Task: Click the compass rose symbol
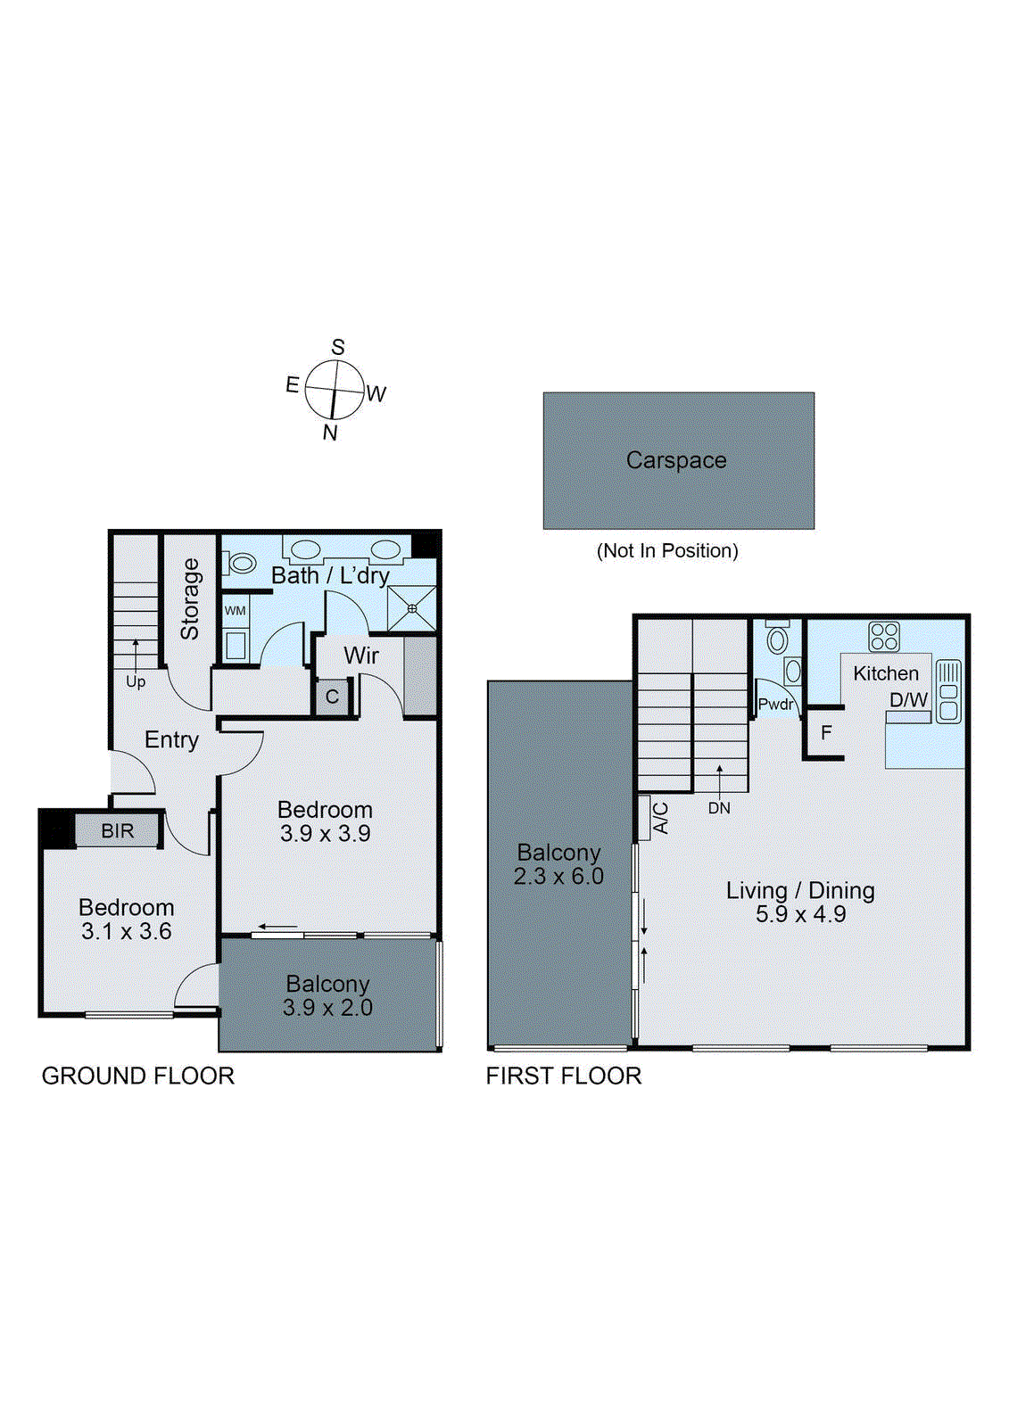click(335, 390)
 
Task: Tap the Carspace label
click(676, 460)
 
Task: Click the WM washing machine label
click(235, 611)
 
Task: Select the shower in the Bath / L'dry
click(412, 608)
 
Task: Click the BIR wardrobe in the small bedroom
click(117, 831)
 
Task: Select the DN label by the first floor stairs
click(719, 808)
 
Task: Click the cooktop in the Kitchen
click(884, 637)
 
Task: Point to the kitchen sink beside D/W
click(948, 690)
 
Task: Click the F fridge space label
click(826, 733)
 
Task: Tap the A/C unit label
click(661, 818)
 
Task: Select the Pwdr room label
click(775, 705)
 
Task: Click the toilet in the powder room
click(778, 639)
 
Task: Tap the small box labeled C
click(332, 697)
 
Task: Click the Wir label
click(361, 656)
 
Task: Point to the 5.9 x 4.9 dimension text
click(800, 914)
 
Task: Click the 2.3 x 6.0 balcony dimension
click(558, 877)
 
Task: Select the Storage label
click(190, 599)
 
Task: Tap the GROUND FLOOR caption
click(138, 1076)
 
